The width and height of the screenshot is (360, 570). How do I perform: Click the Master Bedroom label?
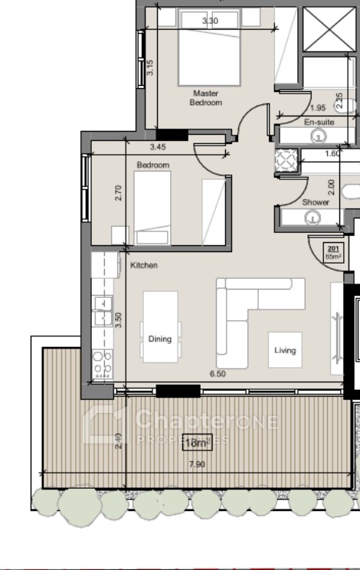coord(206,97)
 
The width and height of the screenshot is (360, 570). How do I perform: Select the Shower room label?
coord(316,203)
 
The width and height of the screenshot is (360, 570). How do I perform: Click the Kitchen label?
coord(144,266)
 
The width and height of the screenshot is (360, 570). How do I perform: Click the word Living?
coord(285,350)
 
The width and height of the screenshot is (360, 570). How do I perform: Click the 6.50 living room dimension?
coord(217,375)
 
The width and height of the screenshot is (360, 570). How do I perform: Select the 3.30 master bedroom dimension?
coord(210,21)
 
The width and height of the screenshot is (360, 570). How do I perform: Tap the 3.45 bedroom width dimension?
coord(158,146)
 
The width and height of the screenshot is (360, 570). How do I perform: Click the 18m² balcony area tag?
coord(197,443)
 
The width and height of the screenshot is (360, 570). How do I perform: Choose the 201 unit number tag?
coord(333,251)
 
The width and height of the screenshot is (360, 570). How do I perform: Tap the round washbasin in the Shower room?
coord(312,218)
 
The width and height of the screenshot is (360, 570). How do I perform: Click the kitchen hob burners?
coord(102,365)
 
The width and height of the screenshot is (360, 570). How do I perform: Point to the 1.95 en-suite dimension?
coord(319,108)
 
